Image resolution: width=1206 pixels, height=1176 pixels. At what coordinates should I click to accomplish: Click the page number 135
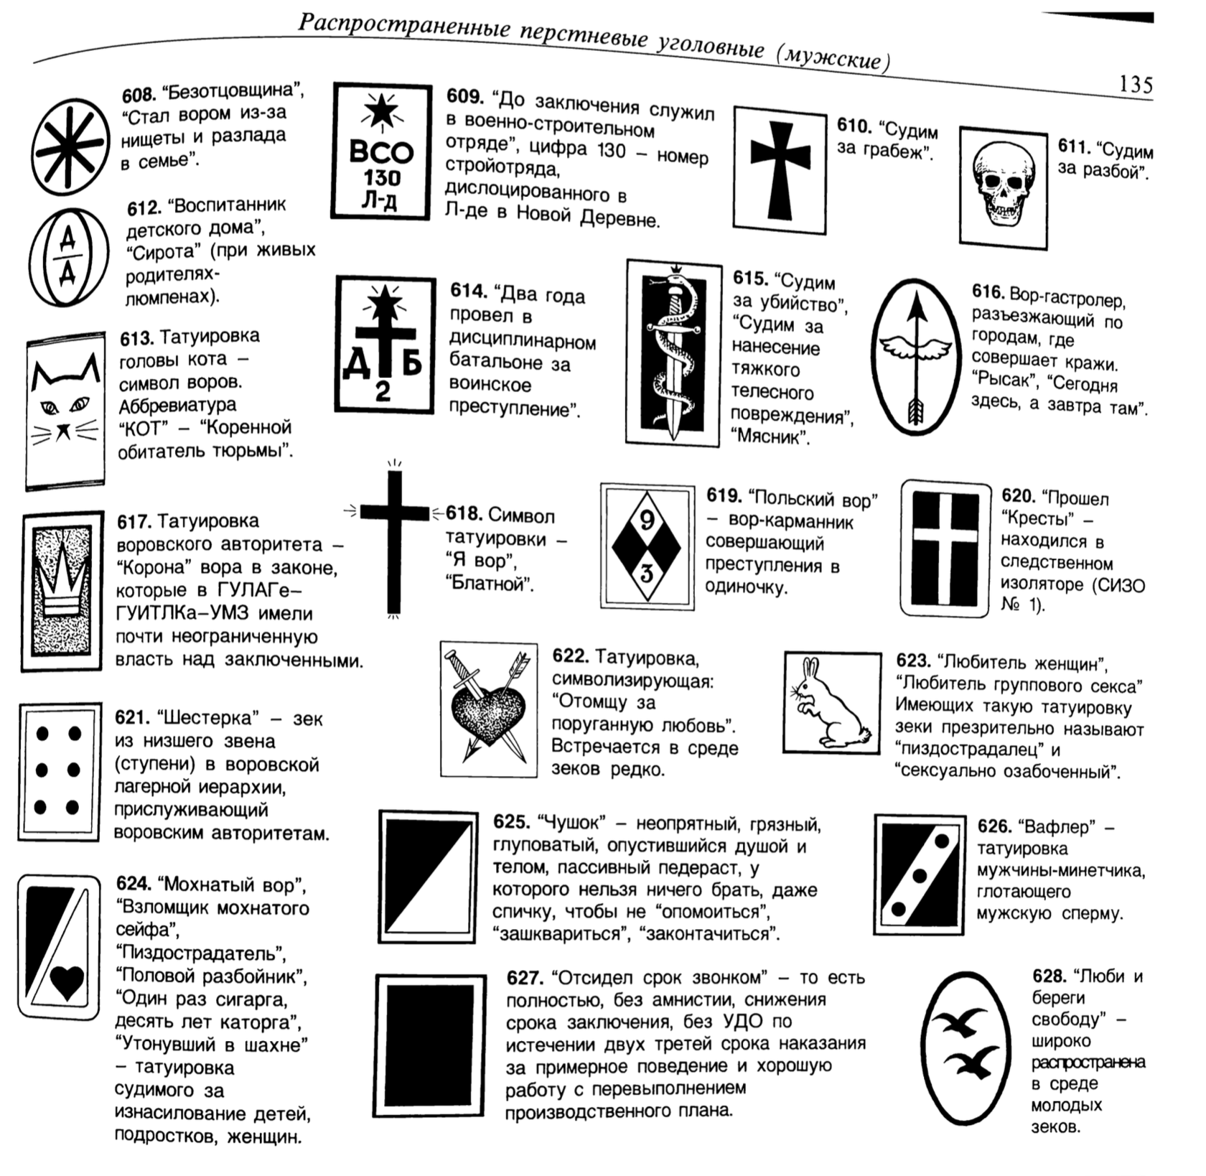[1136, 85]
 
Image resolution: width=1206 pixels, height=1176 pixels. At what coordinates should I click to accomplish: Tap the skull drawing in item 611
[1003, 185]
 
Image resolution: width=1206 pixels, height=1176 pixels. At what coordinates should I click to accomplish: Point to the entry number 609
[464, 96]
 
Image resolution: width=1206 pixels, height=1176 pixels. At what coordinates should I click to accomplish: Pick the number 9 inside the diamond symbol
[647, 520]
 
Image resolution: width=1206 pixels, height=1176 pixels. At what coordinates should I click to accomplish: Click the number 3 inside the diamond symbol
[647, 573]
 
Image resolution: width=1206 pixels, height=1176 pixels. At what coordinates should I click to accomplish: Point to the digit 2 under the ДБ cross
[384, 391]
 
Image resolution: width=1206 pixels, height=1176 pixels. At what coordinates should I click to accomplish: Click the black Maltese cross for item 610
[780, 167]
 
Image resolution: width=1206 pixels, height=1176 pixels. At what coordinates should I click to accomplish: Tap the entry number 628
[1049, 976]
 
